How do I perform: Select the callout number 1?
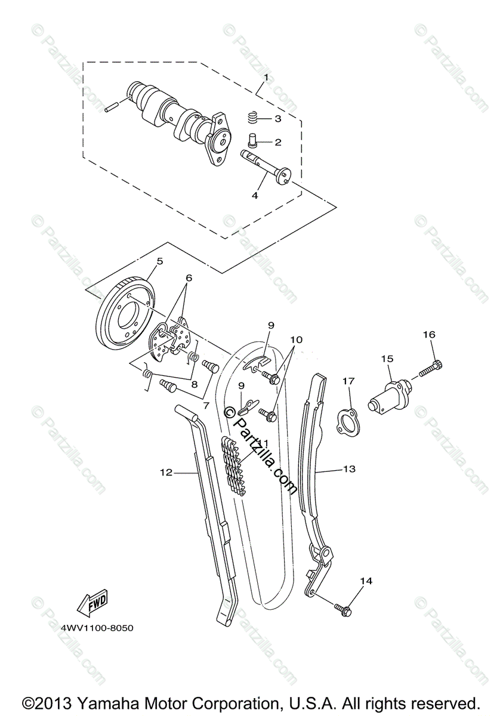tap(266, 78)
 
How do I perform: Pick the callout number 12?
tap(165, 473)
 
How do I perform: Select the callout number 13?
tap(349, 469)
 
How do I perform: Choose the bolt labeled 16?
tap(431, 367)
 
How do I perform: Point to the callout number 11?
tap(263, 442)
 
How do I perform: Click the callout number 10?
tap(297, 340)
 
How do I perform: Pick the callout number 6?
tap(189, 277)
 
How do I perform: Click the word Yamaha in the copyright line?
tap(91, 702)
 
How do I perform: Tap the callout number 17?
tap(349, 380)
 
